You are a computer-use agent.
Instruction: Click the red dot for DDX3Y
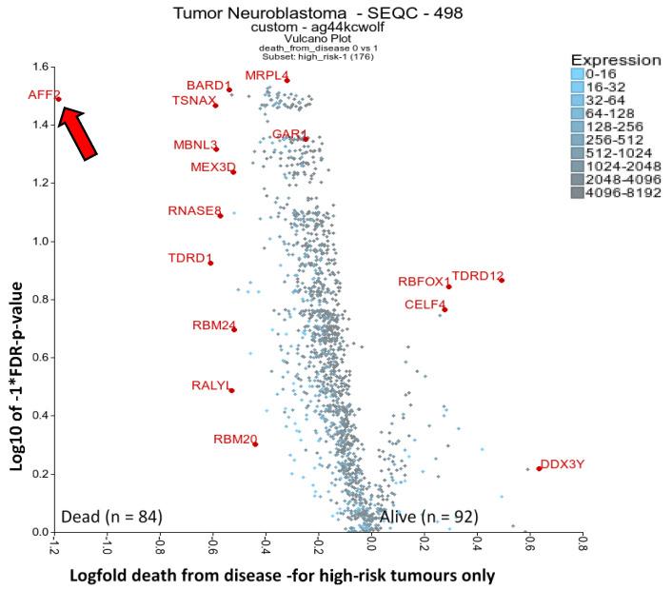pyautogui.click(x=539, y=468)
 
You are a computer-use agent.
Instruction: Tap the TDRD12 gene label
pyautogui.click(x=477, y=277)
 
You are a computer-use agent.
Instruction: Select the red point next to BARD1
pyautogui.click(x=229, y=90)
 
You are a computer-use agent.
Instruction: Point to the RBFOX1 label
pyautogui.click(x=425, y=282)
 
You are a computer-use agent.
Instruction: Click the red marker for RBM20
pyautogui.click(x=255, y=444)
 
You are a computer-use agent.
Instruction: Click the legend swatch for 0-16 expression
pyautogui.click(x=577, y=73)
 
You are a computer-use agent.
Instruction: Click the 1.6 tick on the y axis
pyautogui.click(x=39, y=68)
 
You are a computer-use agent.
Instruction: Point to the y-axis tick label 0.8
pyautogui.click(x=39, y=300)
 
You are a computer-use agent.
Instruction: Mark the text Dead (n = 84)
pyautogui.click(x=111, y=516)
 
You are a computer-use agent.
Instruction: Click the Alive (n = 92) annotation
pyautogui.click(x=428, y=516)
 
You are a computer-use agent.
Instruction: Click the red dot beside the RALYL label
pyautogui.click(x=231, y=390)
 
